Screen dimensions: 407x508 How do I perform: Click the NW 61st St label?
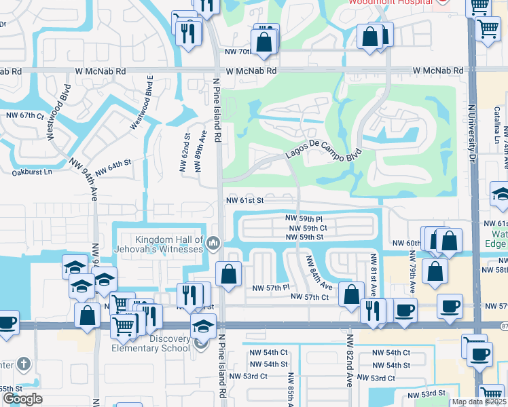[x=244, y=201]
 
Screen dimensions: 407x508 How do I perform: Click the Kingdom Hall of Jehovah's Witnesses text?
[x=160, y=245]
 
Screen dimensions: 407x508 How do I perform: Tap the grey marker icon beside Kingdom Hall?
[x=213, y=242]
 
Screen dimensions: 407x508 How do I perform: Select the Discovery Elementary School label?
[x=157, y=344]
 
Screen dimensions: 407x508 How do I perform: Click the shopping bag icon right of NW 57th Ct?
[x=351, y=294]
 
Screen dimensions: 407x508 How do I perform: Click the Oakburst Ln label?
[x=32, y=172]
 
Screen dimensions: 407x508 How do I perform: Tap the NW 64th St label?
[x=112, y=167]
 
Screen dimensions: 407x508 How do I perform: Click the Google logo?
[x=22, y=399]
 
